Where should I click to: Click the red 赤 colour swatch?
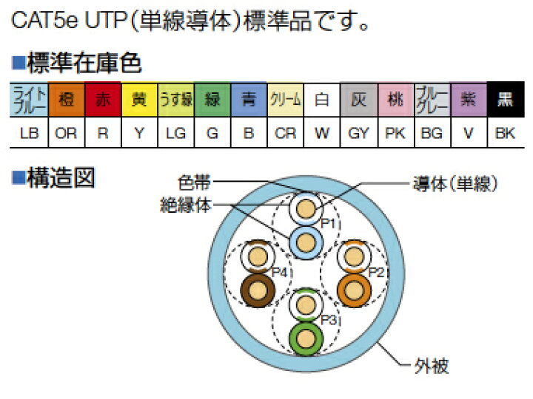103,100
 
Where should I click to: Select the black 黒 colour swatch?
506,100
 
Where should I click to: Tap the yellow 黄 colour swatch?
139,100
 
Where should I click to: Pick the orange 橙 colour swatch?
67,100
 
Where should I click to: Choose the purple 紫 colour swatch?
469,100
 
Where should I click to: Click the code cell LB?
29,133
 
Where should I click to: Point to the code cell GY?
358,133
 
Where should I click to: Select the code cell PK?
395,133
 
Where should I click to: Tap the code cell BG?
432,133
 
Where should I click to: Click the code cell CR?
285,133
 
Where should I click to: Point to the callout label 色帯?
194,183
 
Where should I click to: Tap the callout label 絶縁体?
186,205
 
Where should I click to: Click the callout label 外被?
432,366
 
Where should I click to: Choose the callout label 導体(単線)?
455,184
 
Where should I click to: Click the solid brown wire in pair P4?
258,291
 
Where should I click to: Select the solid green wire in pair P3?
306,339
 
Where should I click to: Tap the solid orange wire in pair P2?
354,291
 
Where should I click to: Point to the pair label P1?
329,224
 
